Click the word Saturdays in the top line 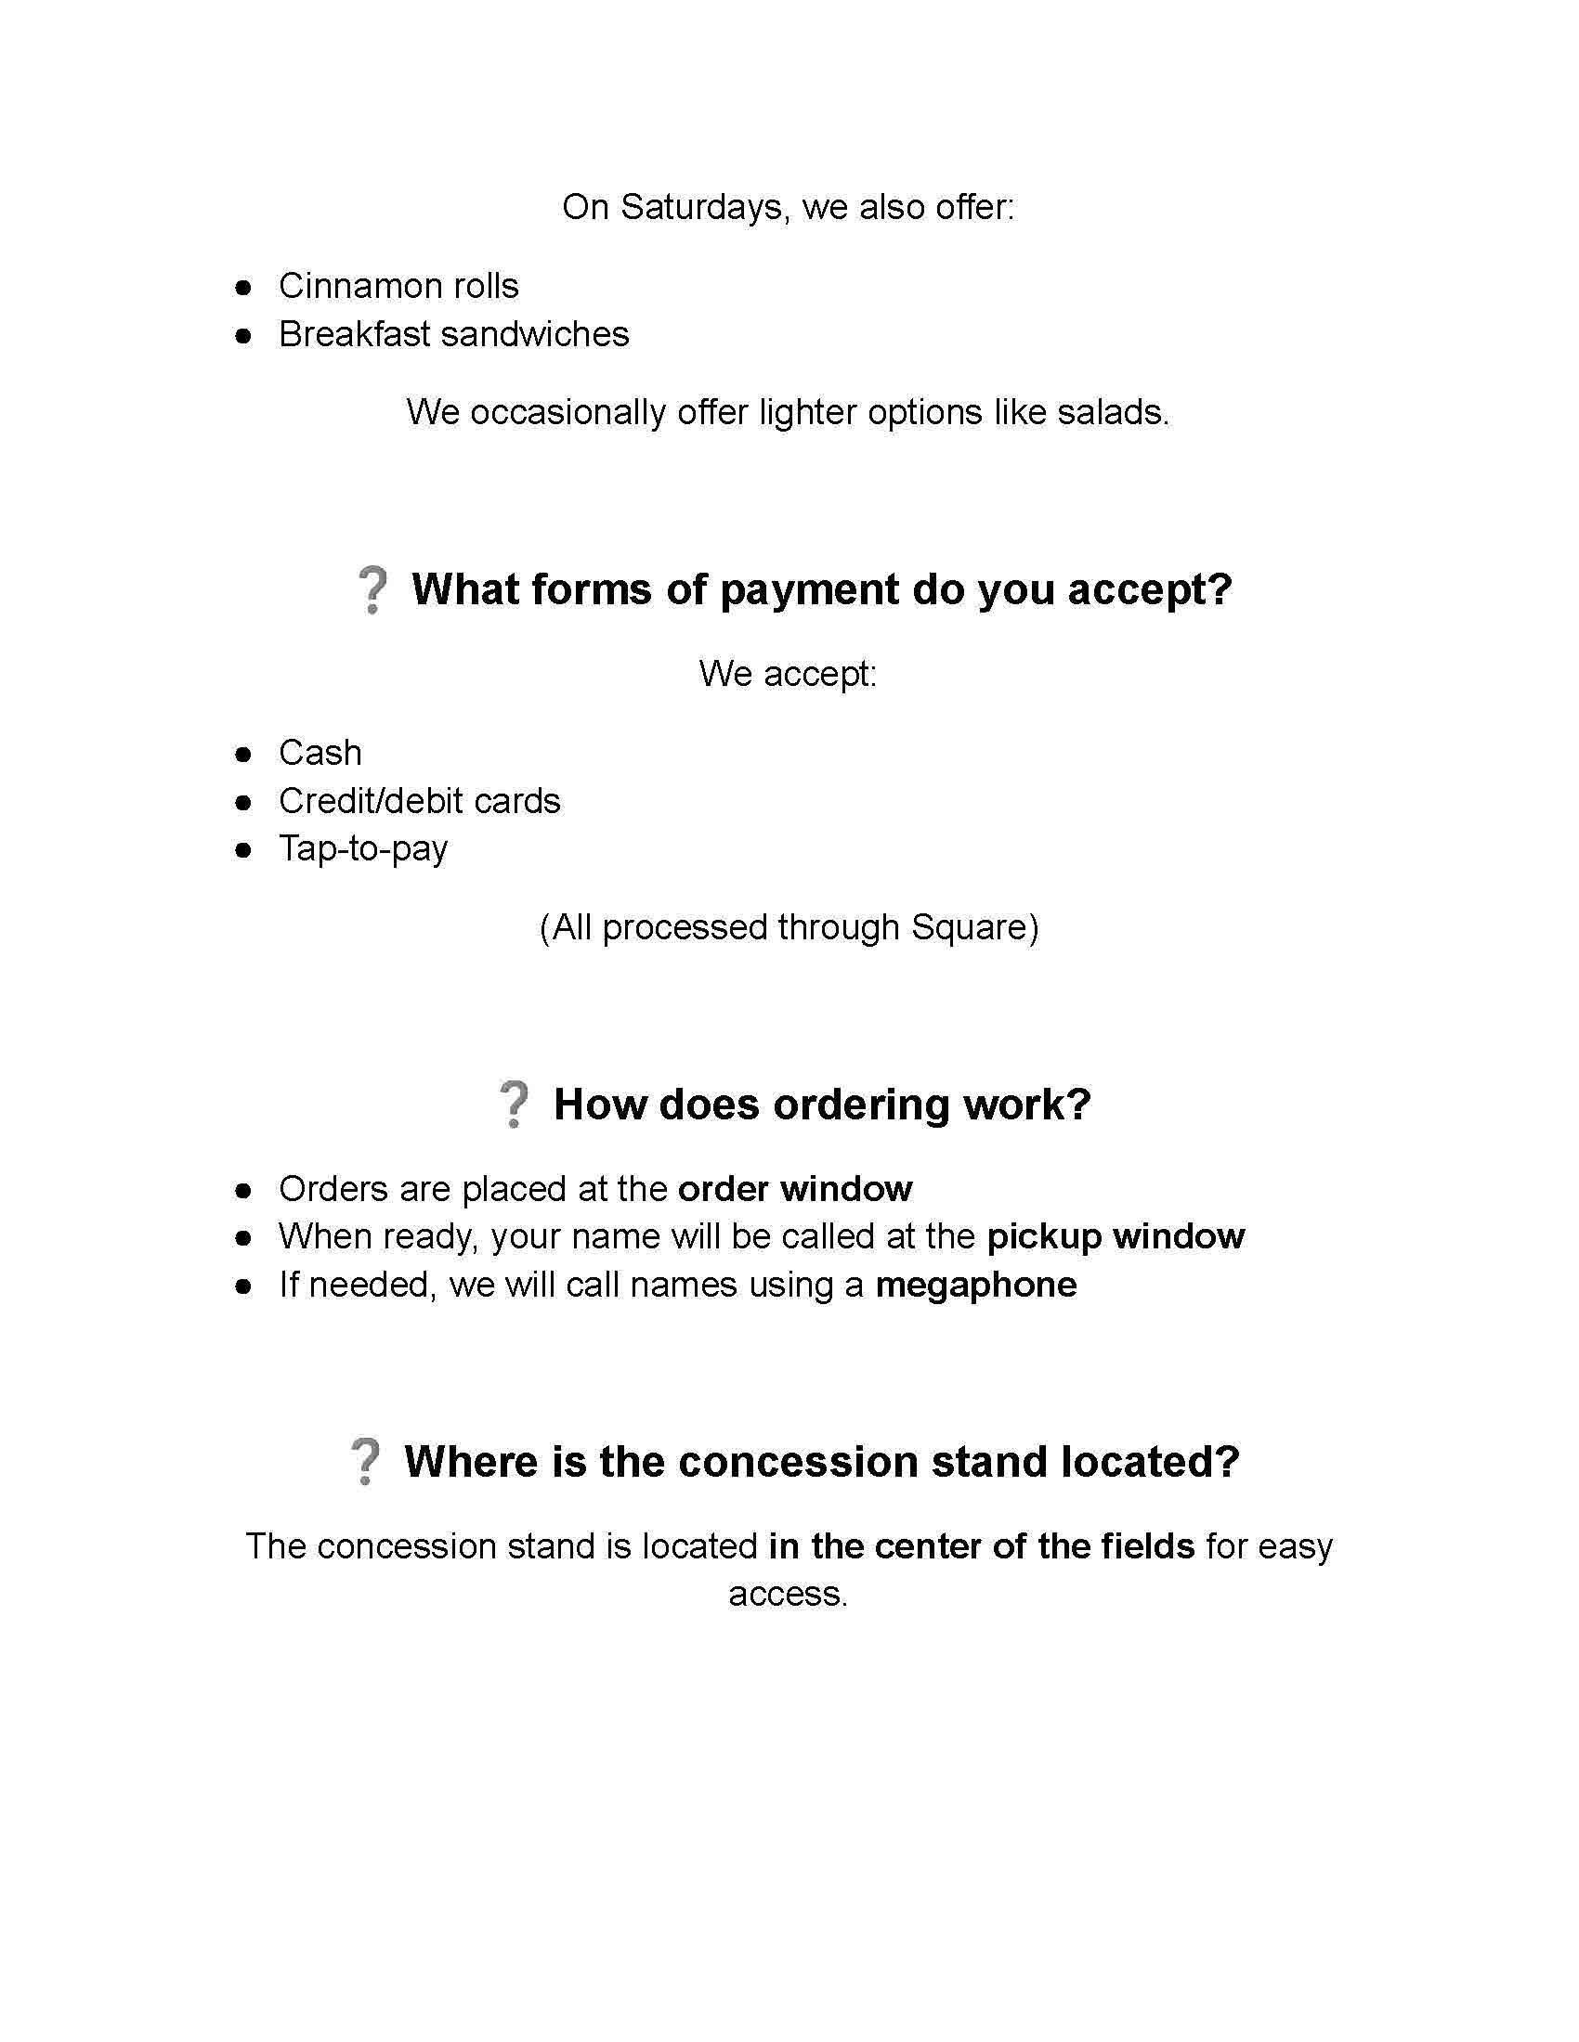click(x=700, y=207)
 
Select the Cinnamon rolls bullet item click(x=398, y=286)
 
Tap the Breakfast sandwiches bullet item click(x=453, y=334)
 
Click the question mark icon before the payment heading click(x=372, y=589)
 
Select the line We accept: click(x=788, y=673)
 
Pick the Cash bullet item click(x=320, y=753)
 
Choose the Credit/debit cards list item click(x=419, y=801)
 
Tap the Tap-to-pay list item click(x=363, y=849)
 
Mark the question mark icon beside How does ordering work click(x=514, y=1105)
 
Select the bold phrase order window click(x=795, y=1189)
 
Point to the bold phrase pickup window click(x=1116, y=1237)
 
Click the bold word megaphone click(x=975, y=1286)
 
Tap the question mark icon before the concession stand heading click(x=365, y=1462)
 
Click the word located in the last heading click(x=1150, y=1462)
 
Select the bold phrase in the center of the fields click(x=981, y=1546)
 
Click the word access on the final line click(x=787, y=1594)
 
